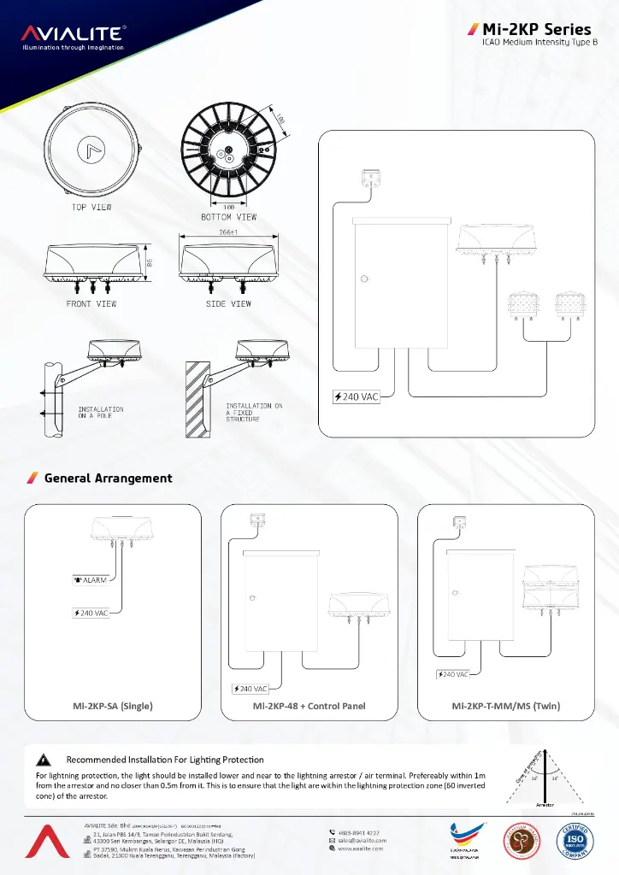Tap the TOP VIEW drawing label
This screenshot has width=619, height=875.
[x=91, y=207]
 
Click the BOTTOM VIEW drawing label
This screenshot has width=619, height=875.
[x=228, y=217]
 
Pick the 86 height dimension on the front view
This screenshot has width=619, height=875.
[x=150, y=263]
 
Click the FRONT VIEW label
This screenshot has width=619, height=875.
[x=91, y=303]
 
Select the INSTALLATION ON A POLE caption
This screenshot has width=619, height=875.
[x=101, y=413]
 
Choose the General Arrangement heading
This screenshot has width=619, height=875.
[x=108, y=479]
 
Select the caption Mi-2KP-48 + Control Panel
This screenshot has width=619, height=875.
[x=309, y=706]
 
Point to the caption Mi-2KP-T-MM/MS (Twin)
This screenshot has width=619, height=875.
[x=506, y=706]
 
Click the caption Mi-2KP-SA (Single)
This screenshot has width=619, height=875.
[x=113, y=706]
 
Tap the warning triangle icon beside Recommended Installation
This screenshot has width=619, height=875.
[x=42, y=760]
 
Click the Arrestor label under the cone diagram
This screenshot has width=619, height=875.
[x=545, y=805]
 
